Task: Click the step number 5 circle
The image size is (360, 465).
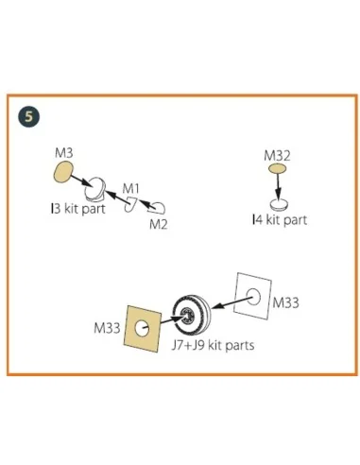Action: (28, 117)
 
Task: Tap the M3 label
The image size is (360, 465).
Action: (63, 153)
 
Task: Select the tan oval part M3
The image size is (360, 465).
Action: (63, 172)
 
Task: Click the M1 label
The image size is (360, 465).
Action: (130, 189)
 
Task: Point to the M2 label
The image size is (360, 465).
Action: (158, 224)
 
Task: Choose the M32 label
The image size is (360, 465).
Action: (277, 156)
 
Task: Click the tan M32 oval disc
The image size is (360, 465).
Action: (277, 168)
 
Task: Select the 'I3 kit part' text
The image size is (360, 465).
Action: (78, 209)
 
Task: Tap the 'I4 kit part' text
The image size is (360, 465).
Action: (280, 219)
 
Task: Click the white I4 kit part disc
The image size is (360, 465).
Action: (279, 204)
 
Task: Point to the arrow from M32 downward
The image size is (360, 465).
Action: (278, 186)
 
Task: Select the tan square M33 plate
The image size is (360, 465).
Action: (143, 328)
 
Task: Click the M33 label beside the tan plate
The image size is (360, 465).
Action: (107, 328)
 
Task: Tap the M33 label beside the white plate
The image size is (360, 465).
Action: (285, 302)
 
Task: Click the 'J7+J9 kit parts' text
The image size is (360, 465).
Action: (213, 345)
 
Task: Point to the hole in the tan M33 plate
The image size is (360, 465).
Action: (142, 328)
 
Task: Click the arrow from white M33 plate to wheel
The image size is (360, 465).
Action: (232, 301)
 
